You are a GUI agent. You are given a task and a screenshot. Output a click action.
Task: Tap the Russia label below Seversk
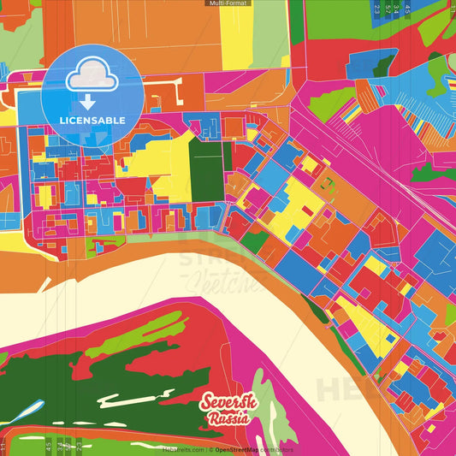228,419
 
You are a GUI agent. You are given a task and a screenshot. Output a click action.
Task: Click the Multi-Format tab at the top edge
228,3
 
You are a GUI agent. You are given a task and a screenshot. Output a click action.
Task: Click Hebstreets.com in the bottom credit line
183,449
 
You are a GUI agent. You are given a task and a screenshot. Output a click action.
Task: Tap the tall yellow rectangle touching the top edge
236,34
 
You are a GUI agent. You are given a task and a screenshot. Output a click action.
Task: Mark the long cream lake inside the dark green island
128,399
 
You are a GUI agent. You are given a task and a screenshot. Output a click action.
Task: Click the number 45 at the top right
408,9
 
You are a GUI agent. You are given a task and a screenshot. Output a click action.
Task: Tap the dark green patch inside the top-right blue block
382,64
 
